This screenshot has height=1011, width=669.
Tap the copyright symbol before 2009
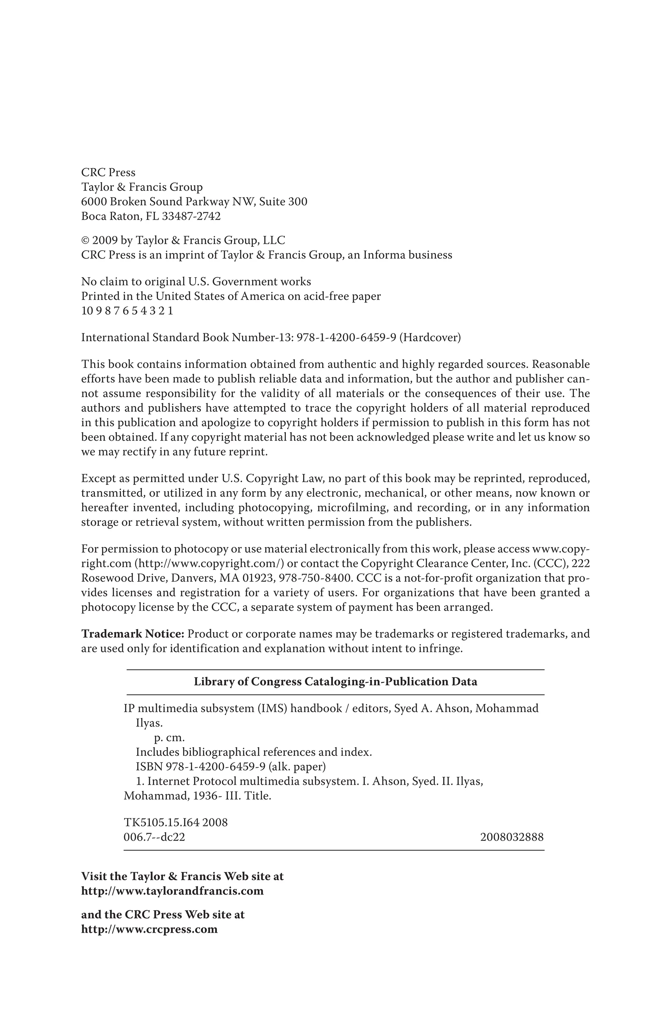(85, 240)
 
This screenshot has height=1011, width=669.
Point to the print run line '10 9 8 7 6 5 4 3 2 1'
(127, 311)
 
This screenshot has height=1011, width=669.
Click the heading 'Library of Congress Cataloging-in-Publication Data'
(335, 681)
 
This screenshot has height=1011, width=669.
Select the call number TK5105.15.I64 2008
(175, 822)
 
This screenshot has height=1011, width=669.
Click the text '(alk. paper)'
(297, 767)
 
